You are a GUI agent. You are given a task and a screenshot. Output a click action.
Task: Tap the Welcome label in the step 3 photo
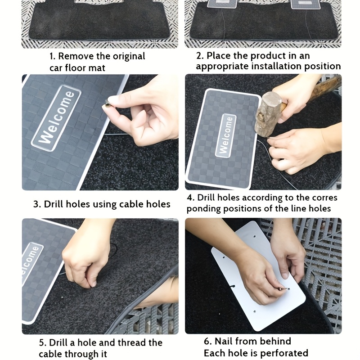tap(56, 118)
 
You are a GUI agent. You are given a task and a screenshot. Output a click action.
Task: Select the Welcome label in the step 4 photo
tap(226, 135)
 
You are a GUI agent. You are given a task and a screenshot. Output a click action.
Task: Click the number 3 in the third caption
tap(36, 204)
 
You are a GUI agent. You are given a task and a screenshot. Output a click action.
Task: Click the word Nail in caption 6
tap(223, 341)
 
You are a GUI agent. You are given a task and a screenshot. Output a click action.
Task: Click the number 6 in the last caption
tap(207, 342)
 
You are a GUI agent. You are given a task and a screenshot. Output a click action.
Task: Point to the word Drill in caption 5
tap(59, 343)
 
